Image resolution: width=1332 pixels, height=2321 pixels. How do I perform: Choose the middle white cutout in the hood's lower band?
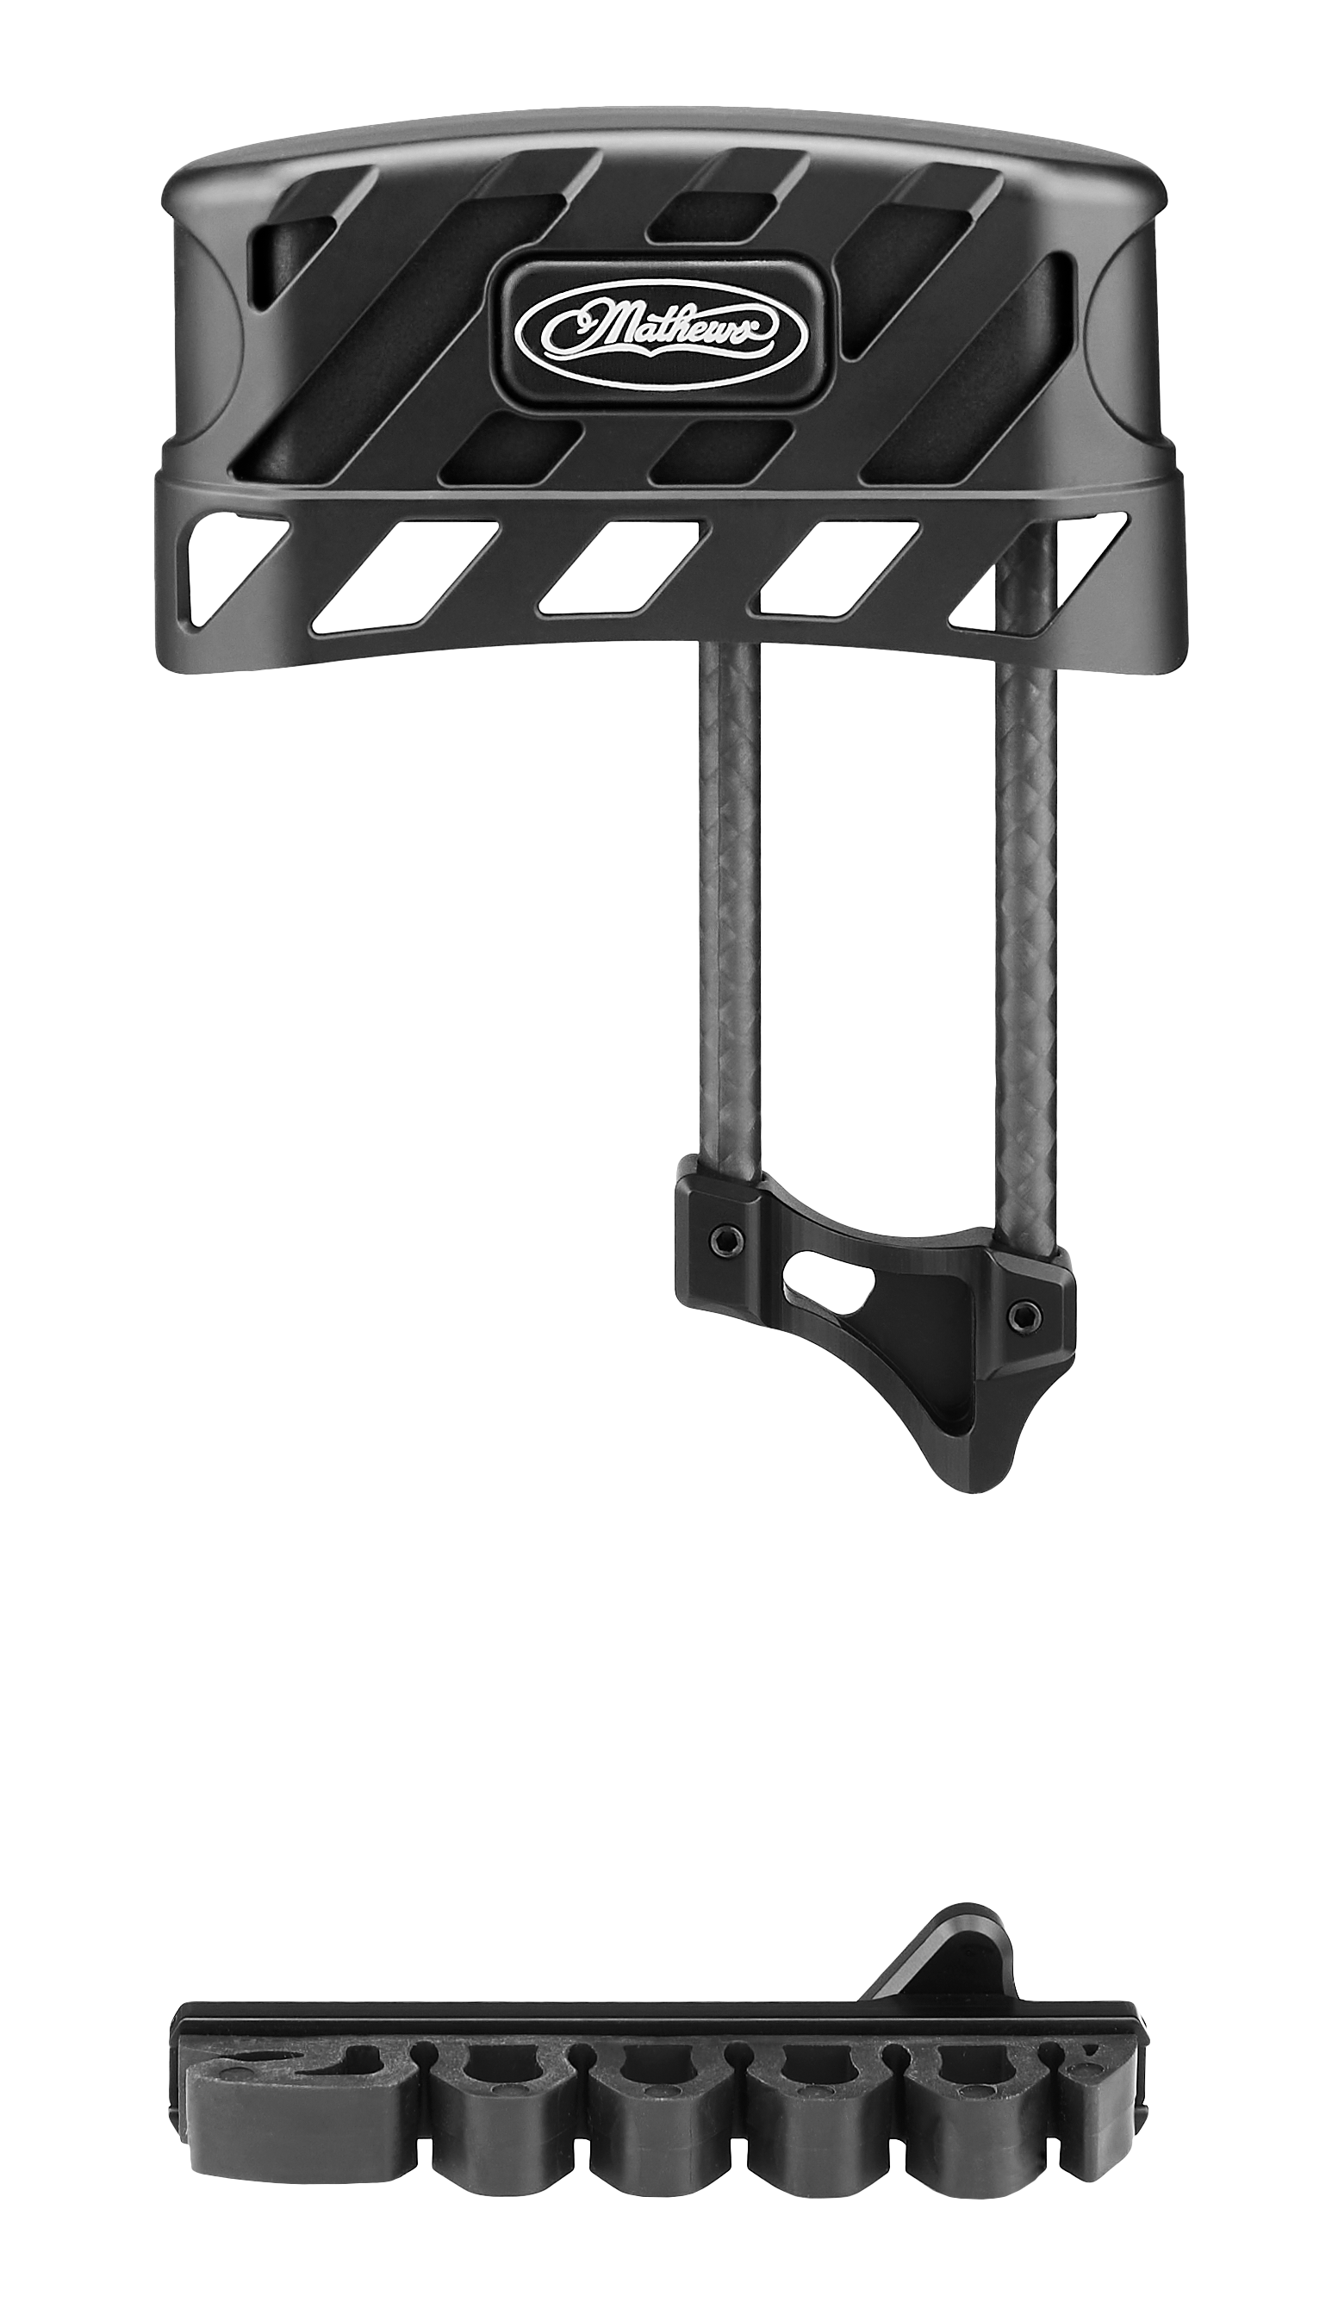[x=622, y=567]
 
